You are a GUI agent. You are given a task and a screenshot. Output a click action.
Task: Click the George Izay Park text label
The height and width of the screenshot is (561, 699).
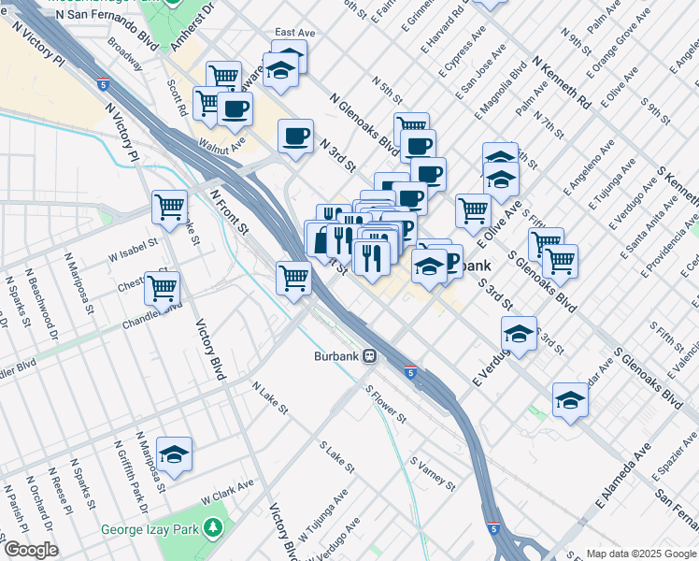pos(157,530)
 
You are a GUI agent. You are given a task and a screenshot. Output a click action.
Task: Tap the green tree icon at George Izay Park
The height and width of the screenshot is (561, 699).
pos(215,527)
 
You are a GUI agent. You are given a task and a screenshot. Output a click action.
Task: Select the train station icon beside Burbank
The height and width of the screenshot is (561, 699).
pos(370,356)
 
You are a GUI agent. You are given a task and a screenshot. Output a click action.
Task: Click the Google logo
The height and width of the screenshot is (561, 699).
pos(30,550)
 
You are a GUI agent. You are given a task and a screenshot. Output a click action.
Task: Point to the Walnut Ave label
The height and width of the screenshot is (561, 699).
pos(221,144)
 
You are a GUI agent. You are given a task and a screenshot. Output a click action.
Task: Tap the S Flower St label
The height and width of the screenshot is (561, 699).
pos(385,404)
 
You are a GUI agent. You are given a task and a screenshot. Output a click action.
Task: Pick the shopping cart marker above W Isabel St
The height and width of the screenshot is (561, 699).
pos(169,206)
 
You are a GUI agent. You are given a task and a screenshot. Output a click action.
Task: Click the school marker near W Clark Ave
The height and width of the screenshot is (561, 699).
pos(173,453)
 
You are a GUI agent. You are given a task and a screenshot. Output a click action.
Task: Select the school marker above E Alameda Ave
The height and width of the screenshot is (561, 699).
pos(569,400)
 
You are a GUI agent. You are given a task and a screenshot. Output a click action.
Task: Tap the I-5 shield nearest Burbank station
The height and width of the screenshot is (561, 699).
pos(410,372)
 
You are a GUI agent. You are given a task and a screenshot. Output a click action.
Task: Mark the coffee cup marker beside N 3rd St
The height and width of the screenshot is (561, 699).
pos(295,137)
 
